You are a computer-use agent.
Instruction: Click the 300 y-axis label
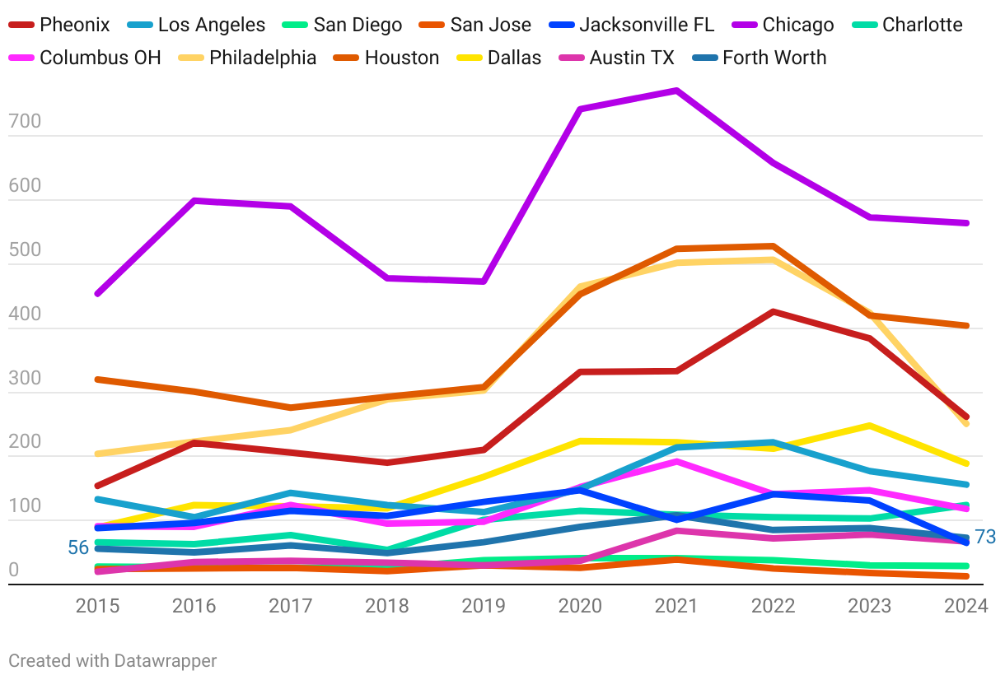(x=25, y=379)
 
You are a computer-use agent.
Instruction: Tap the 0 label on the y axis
(x=13, y=571)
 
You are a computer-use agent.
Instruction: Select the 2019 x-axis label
(x=484, y=607)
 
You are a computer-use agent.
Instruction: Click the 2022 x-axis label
(x=773, y=607)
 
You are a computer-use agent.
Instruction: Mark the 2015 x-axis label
(x=97, y=607)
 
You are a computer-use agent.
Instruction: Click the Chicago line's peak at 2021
(x=676, y=90)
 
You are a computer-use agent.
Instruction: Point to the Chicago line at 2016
(x=194, y=200)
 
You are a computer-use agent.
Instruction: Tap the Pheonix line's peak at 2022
(x=773, y=311)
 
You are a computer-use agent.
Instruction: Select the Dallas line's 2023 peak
(x=869, y=426)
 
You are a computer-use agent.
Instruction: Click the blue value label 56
(x=78, y=547)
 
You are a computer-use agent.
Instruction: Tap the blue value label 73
(x=985, y=538)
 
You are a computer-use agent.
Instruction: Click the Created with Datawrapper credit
(x=113, y=660)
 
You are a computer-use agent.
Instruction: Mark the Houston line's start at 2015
(x=97, y=380)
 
